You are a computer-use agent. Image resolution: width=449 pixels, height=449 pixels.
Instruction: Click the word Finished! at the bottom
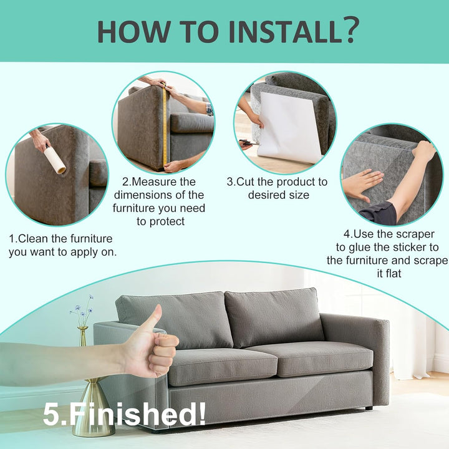(137, 414)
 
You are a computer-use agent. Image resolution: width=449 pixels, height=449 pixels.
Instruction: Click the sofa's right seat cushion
(311, 359)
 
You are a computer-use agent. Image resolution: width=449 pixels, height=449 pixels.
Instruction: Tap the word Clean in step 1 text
(32, 238)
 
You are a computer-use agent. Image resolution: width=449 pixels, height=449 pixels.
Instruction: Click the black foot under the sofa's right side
(369, 408)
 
